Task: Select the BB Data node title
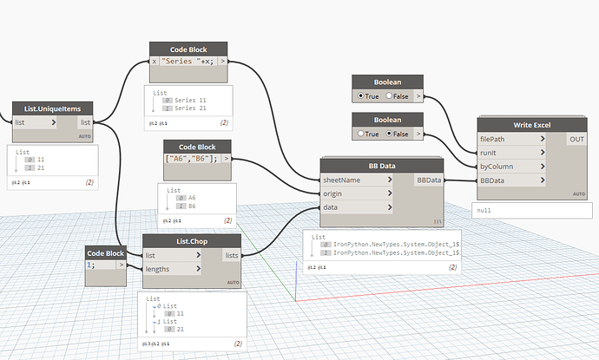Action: (x=382, y=165)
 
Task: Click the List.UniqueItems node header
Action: (x=53, y=109)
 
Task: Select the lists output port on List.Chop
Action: (x=231, y=255)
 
